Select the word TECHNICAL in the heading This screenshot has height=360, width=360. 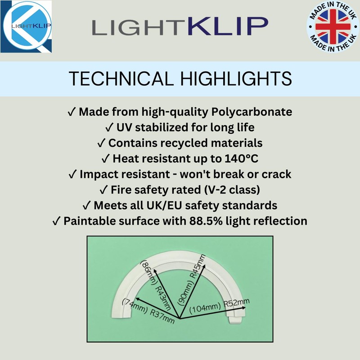(x=121, y=78)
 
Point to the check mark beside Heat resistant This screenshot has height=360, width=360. (x=106, y=159)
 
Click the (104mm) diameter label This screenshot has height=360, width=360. (x=204, y=309)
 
